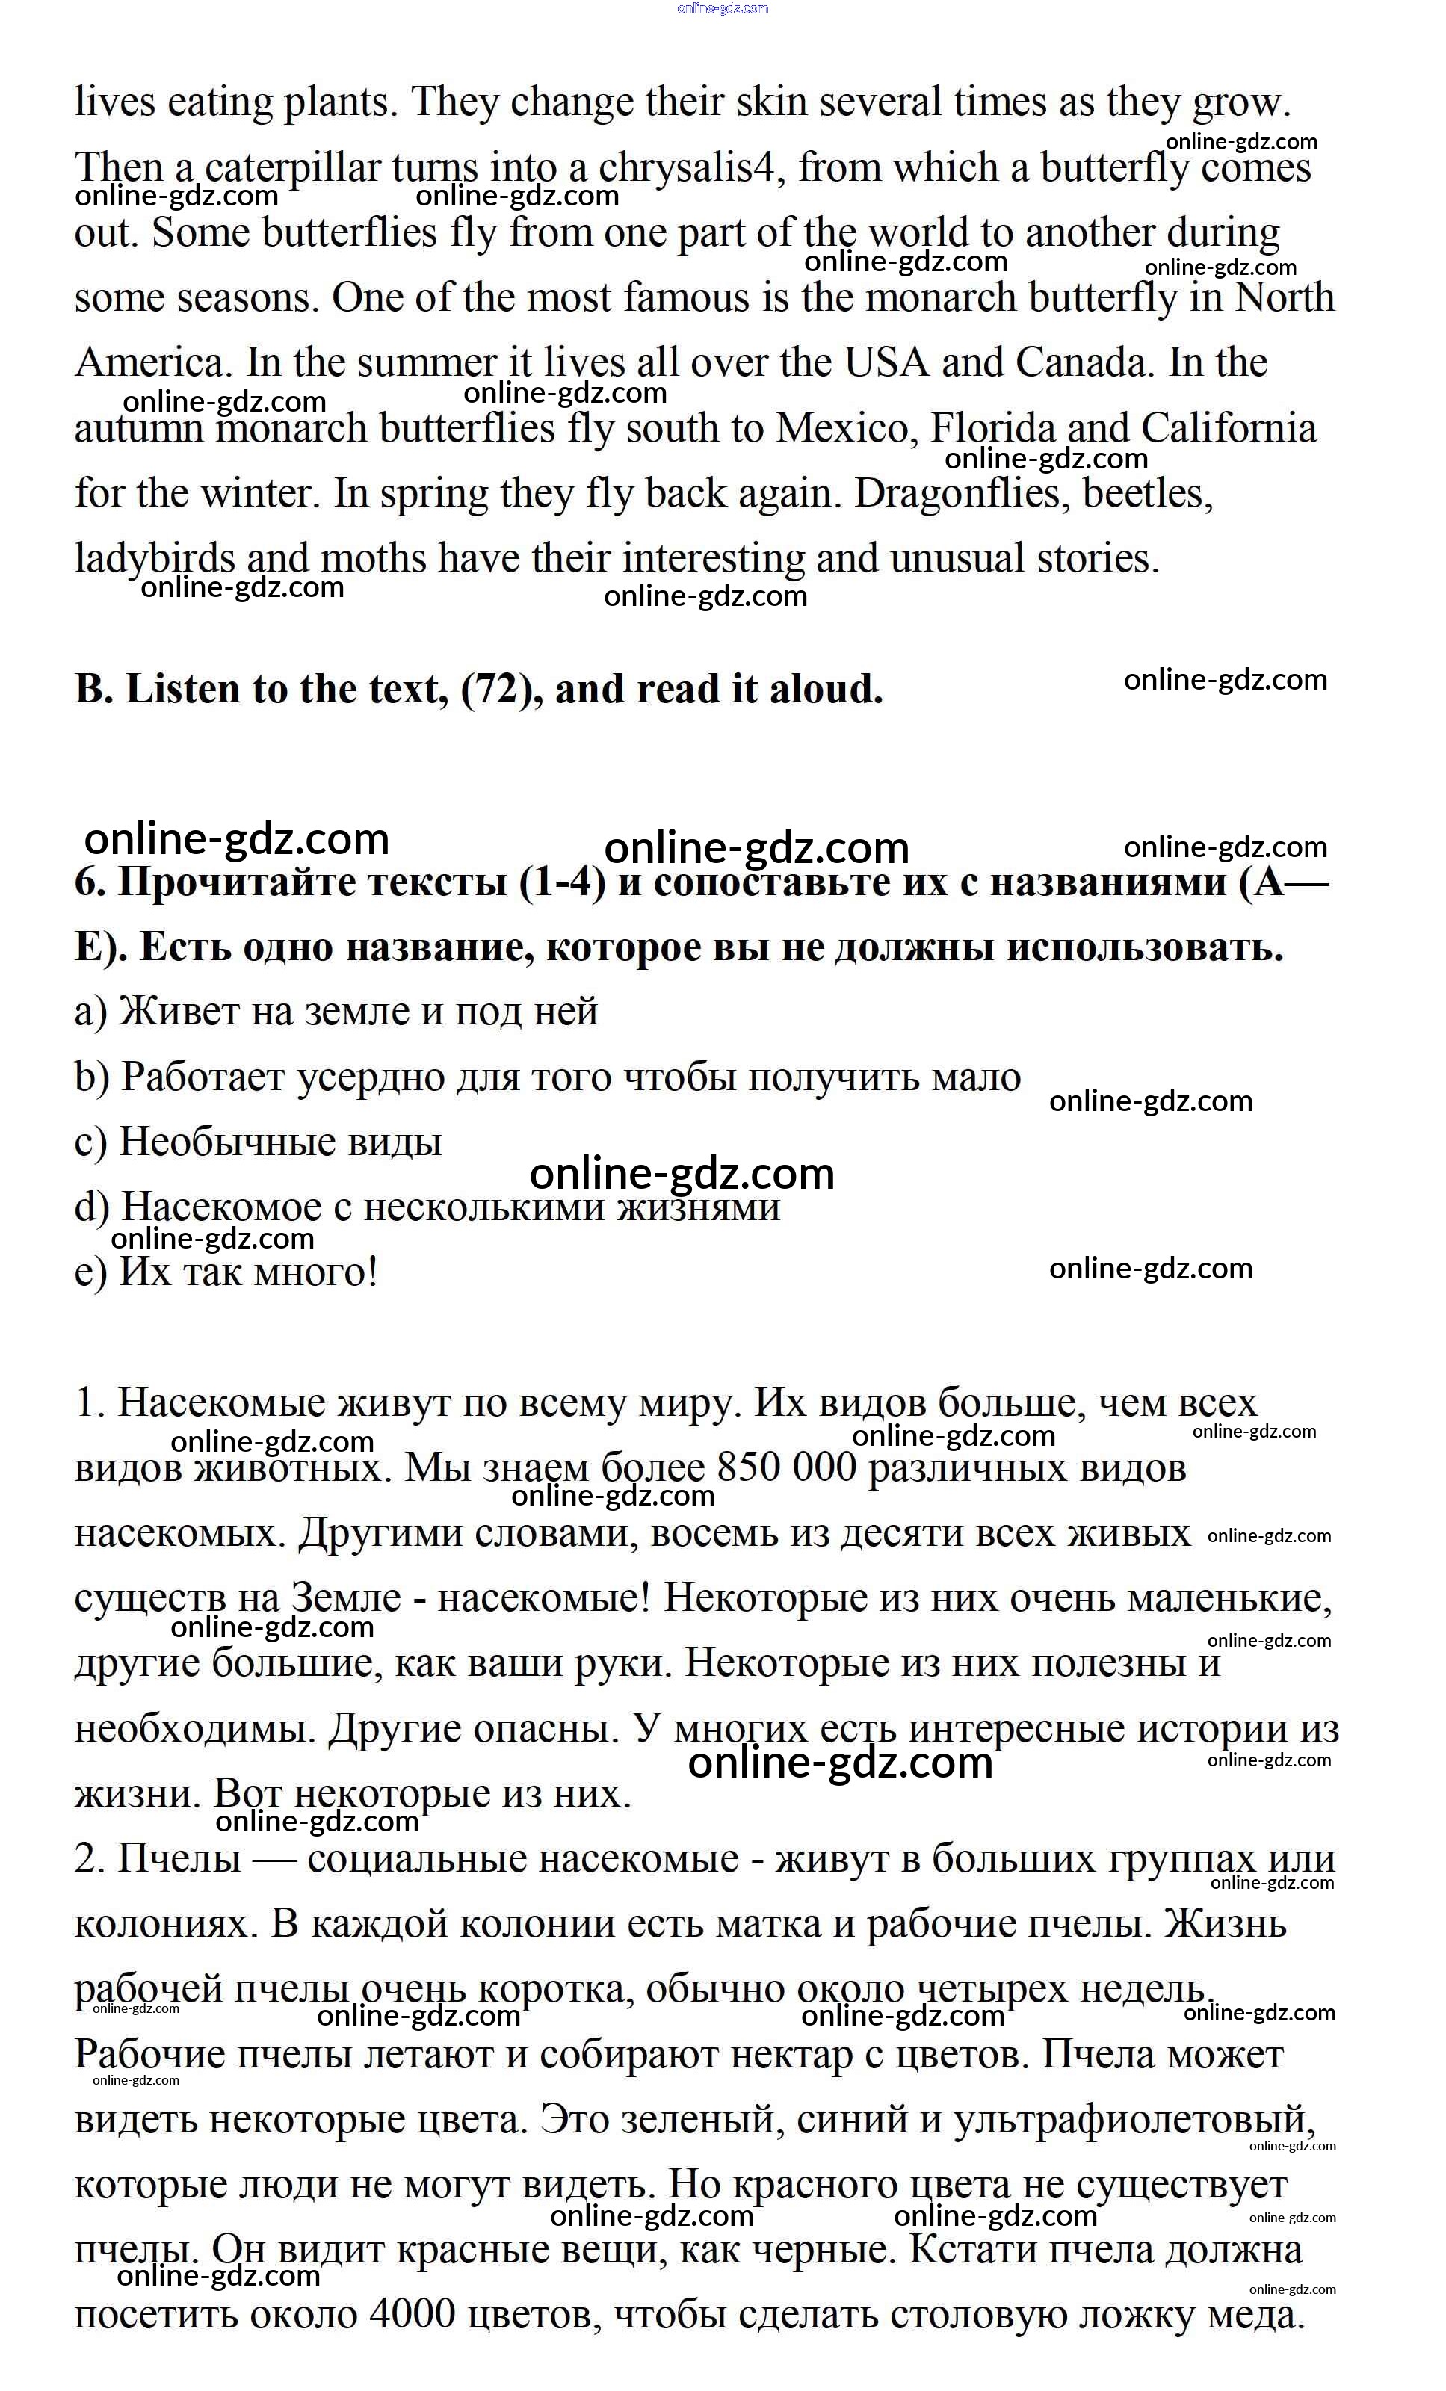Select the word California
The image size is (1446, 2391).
point(1229,429)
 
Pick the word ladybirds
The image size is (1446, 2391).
point(155,560)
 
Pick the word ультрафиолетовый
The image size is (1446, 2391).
point(1134,2121)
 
